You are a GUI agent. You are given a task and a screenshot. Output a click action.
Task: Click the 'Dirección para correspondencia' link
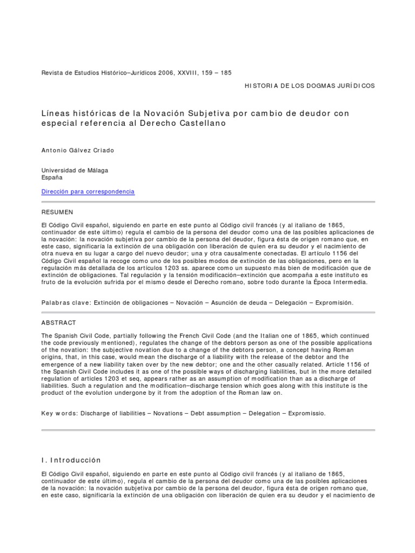click(88, 192)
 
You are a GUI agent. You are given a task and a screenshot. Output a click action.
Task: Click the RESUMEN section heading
click(57, 212)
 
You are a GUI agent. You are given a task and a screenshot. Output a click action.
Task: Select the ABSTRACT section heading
click(59, 322)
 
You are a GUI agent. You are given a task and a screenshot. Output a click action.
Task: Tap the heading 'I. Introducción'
click(71, 460)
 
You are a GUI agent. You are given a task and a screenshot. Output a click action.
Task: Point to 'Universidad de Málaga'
click(75, 170)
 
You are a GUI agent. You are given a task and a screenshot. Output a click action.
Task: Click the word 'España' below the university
click(52, 177)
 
